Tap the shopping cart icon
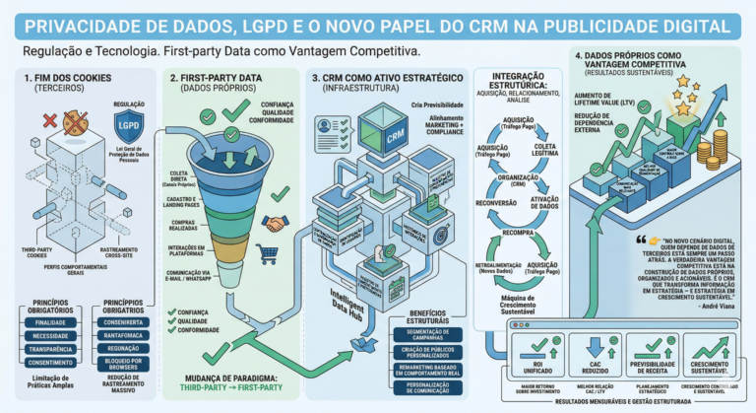pos(267,253)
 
